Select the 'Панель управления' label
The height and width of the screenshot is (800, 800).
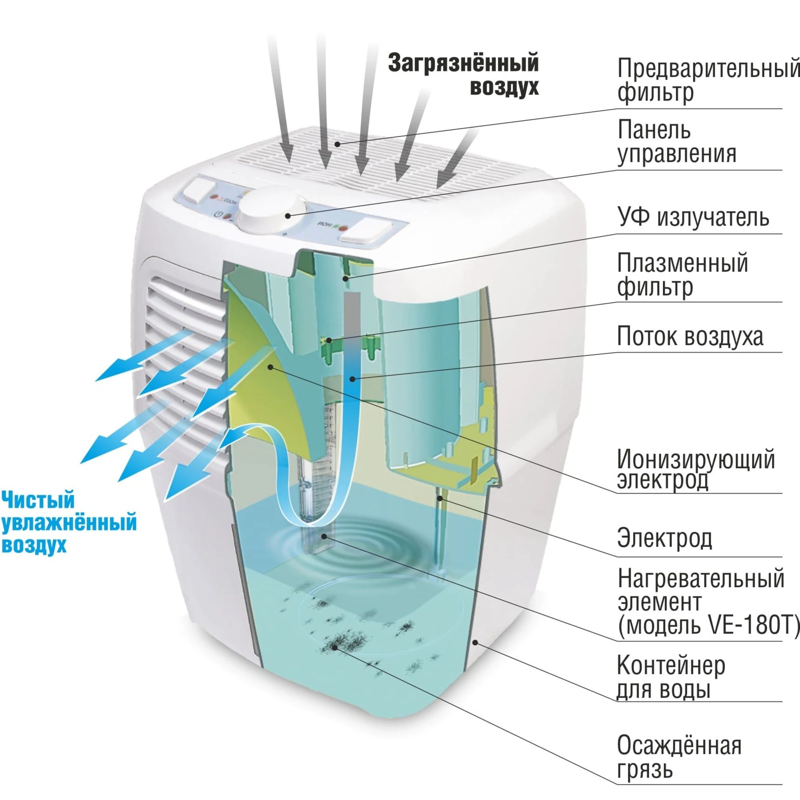click(677, 142)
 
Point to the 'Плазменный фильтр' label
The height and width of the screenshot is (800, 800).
click(682, 275)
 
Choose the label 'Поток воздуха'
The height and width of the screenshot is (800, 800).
click(690, 336)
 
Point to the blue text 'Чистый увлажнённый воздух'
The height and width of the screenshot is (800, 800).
click(68, 522)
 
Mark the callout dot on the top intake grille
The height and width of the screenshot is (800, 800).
click(338, 144)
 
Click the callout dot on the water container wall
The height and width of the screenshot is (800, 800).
click(476, 642)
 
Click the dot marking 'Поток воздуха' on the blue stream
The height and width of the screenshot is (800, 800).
click(352, 378)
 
